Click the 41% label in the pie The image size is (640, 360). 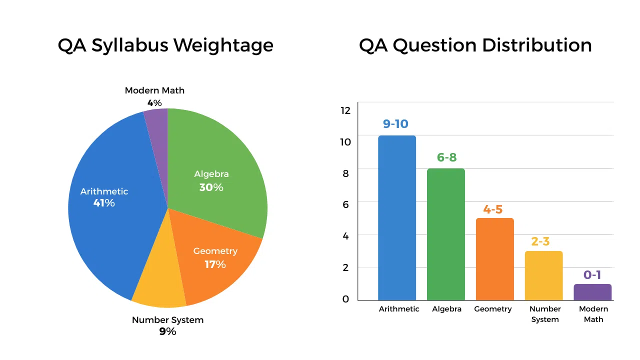pos(104,203)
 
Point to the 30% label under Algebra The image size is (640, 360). pos(211,187)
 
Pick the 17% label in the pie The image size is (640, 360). pos(215,264)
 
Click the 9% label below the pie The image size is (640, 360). pos(167,331)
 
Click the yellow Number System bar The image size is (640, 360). pos(543,275)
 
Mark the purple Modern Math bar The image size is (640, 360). pos(592,292)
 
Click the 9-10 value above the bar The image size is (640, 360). pos(395,124)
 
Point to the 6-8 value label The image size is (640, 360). pos(446,157)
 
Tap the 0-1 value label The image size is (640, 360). pos(592,275)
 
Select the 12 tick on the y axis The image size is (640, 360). pos(345,110)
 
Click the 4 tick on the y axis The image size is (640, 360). pos(345,236)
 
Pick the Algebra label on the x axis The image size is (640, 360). pos(446,309)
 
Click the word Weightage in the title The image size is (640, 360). pos(223,45)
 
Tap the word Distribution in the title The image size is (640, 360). pos(536,45)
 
